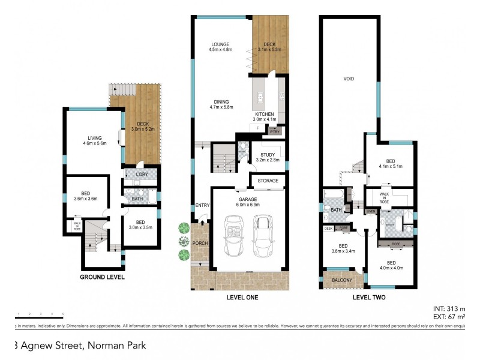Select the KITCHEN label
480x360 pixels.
click(x=264, y=114)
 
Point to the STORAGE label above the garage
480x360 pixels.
click(x=268, y=180)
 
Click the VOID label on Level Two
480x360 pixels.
click(x=348, y=79)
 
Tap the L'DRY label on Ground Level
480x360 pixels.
click(x=142, y=174)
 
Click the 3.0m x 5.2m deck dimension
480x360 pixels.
click(x=143, y=129)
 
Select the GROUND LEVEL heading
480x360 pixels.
click(x=103, y=277)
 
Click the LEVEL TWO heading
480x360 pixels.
click(x=369, y=297)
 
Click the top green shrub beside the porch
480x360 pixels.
click(x=184, y=227)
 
